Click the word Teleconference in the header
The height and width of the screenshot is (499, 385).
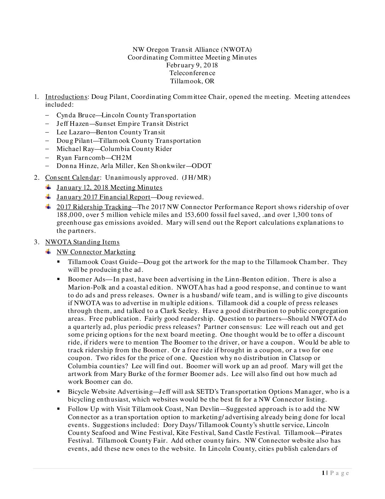point(192,73)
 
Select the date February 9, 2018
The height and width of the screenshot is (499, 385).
point(192,65)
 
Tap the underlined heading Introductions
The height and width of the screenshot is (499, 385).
point(66,97)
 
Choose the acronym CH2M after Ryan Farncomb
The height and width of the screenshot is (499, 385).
point(121,157)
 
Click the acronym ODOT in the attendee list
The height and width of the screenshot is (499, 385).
point(201,166)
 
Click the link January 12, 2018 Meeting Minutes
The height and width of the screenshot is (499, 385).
point(109,187)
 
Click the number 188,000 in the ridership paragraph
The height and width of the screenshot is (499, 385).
point(68,215)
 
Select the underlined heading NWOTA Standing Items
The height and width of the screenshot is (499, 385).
point(82,242)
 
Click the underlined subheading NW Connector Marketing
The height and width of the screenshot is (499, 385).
point(96,252)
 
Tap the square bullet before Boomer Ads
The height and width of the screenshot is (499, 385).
point(58,279)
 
